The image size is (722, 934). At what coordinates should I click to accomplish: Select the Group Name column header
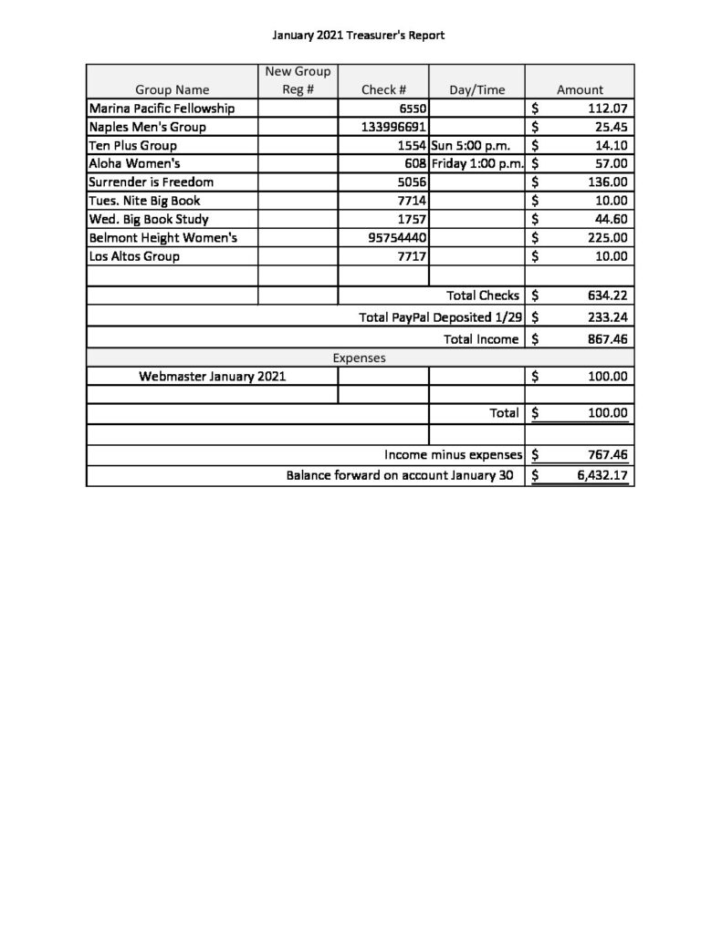(173, 89)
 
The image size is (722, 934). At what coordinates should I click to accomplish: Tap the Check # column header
(383, 89)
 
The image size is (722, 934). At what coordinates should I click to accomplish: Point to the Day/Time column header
(476, 89)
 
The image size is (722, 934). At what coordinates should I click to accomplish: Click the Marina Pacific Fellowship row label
(162, 109)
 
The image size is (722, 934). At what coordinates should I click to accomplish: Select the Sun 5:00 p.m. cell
(469, 145)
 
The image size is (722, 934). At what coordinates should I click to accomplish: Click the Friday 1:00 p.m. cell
(476, 164)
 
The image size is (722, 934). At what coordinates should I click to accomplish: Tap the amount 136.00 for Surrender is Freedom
(606, 182)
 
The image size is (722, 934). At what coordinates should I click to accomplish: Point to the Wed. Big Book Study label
(149, 220)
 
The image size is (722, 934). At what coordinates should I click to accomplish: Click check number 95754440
(393, 238)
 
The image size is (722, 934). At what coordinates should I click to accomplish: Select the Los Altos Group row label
(134, 256)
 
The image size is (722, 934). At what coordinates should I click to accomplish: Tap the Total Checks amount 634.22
(606, 296)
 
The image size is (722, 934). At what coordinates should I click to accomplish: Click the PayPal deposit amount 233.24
(606, 317)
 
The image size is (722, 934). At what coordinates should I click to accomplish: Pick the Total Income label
(481, 339)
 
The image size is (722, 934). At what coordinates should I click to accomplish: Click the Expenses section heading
(359, 358)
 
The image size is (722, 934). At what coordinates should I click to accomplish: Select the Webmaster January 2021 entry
(213, 376)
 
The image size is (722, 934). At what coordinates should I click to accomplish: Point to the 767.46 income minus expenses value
(606, 455)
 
